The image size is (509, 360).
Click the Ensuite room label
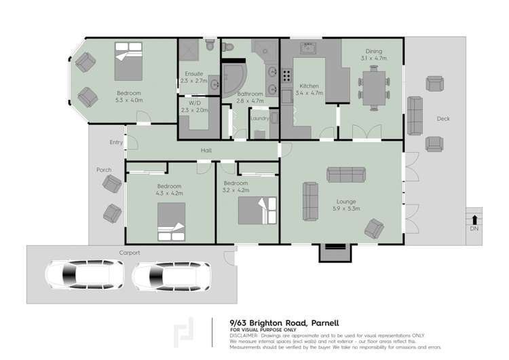[x=194, y=74]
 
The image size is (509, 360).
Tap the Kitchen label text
[x=309, y=86]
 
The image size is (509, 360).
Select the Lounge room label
[x=346, y=201]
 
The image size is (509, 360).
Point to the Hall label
[x=206, y=150]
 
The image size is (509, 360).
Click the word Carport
[x=130, y=253]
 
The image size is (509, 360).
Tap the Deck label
[x=443, y=119]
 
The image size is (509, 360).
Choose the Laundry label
[x=259, y=118]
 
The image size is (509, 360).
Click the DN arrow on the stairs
[x=474, y=219]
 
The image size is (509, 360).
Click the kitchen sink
[x=309, y=49]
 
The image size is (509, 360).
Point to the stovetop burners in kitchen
[x=286, y=75]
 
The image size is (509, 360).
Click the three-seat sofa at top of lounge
[x=346, y=175]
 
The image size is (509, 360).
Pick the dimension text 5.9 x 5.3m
[x=346, y=209]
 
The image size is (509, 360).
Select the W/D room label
[x=194, y=103]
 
